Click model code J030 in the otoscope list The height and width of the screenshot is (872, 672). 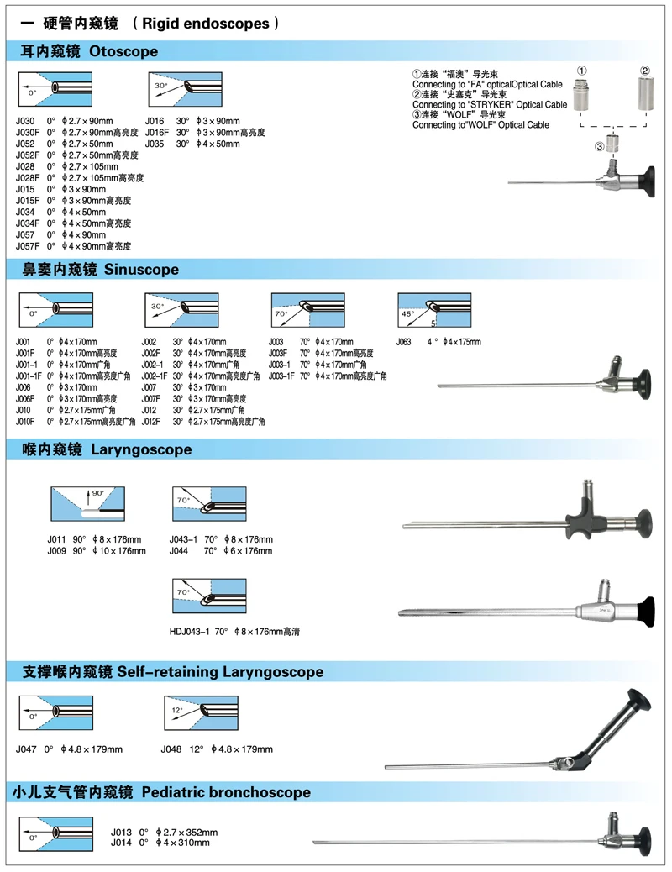26,121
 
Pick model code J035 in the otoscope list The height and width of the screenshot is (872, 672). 155,144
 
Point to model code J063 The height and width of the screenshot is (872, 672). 405,342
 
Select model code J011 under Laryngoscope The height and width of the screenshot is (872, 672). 57,539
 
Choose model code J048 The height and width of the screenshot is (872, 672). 171,749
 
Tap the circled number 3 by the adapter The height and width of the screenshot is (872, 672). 598,147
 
